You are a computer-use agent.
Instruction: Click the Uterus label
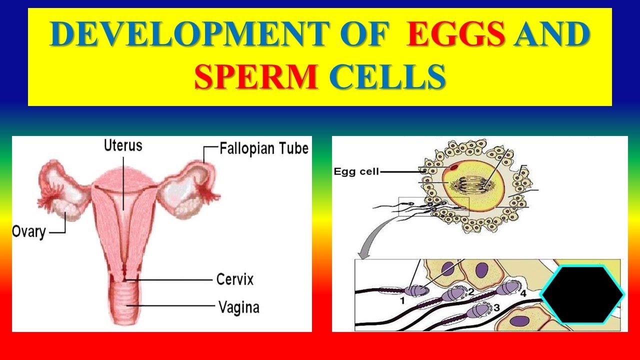click(x=123, y=145)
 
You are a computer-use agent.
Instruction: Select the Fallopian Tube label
click(x=264, y=148)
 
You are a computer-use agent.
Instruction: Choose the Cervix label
click(x=234, y=278)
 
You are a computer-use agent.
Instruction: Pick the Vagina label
click(x=238, y=306)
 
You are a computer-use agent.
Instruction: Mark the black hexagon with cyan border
click(x=582, y=295)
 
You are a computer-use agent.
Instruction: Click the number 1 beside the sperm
click(x=402, y=300)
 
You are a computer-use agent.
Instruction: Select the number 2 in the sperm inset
click(x=470, y=292)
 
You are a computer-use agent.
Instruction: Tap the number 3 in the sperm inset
click(x=496, y=307)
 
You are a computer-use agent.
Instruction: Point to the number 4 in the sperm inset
click(x=522, y=293)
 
